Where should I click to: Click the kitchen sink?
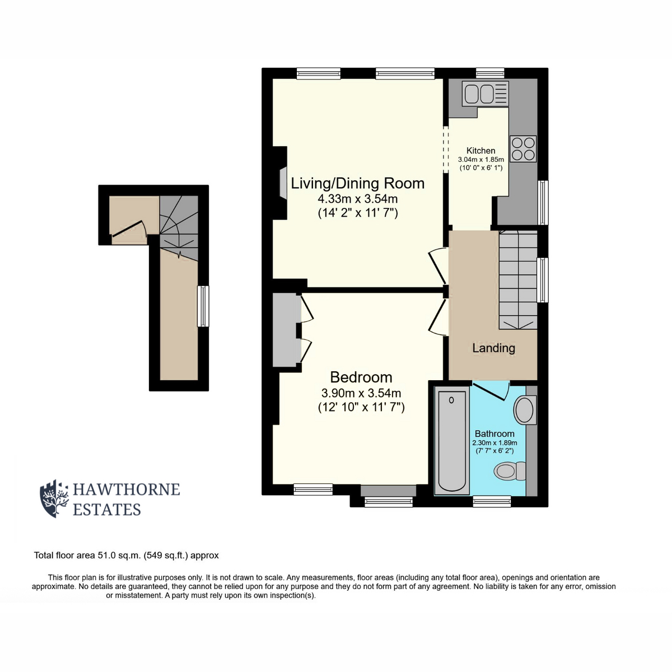tap(485, 94)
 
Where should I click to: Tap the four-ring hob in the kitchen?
tap(522, 149)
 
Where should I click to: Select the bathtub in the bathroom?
tap(452, 441)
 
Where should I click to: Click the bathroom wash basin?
tap(525, 410)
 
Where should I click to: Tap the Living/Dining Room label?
tap(357, 184)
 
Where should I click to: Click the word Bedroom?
tap(361, 377)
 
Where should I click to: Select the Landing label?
tap(493, 348)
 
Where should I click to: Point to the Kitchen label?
tap(481, 151)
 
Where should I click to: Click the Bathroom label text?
tap(494, 433)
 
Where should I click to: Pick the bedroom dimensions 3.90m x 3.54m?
tap(361, 393)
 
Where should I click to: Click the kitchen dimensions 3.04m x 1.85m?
tap(481, 160)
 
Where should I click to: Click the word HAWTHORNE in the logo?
tap(126, 489)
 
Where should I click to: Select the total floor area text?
tap(126, 555)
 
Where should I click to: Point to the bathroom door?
tap(491, 391)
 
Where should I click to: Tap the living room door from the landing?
tap(438, 267)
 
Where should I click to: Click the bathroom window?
tap(492, 501)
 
